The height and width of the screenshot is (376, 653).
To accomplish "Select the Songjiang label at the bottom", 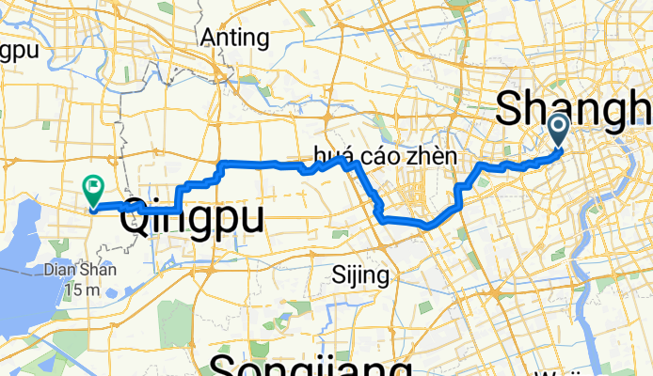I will coord(311,365).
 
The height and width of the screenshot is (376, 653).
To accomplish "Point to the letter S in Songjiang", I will coord(226,365).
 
